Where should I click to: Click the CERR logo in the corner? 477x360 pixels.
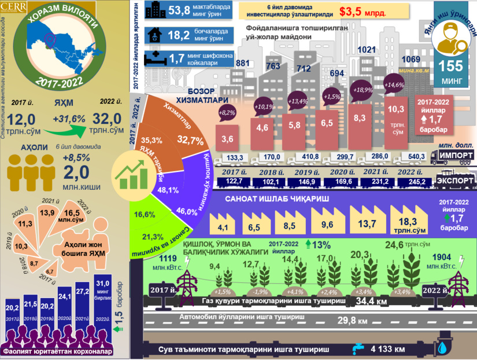(x=13, y=8)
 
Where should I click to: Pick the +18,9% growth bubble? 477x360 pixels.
(x=363, y=90)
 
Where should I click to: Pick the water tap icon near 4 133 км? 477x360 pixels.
(x=357, y=349)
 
